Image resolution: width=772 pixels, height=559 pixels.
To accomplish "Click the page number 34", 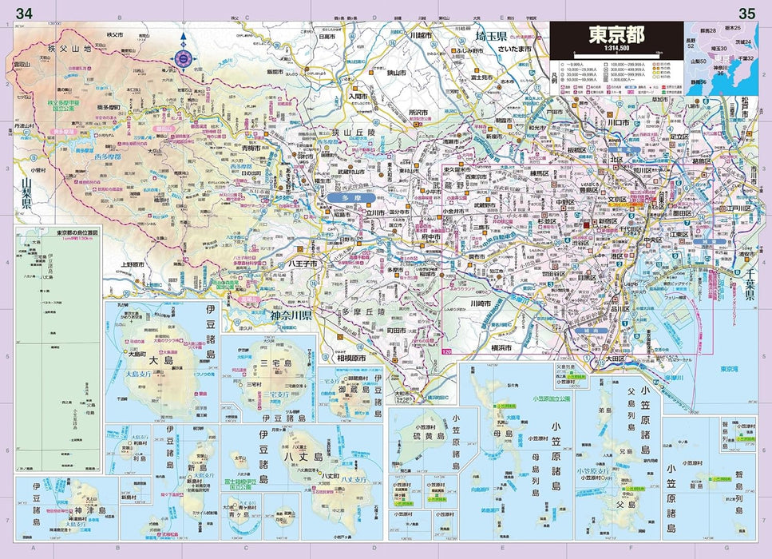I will pyautogui.click(x=24, y=13).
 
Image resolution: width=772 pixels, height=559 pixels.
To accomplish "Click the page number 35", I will pyautogui.click(x=747, y=13).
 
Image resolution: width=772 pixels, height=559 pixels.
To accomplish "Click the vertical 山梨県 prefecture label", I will pyautogui.click(x=26, y=197).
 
